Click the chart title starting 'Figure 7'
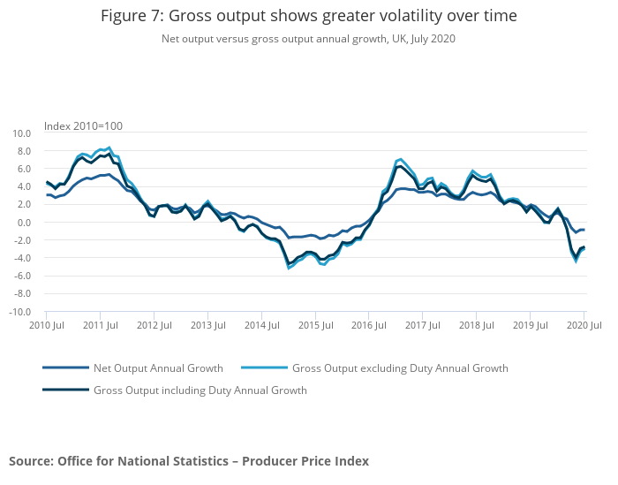(x=308, y=16)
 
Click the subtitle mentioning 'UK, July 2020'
(x=308, y=39)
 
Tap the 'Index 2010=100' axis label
(x=83, y=126)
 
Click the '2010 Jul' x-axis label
(x=46, y=326)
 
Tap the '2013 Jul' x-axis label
(x=207, y=326)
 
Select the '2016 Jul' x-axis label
(x=368, y=326)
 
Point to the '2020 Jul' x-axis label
(x=584, y=326)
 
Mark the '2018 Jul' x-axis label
(x=476, y=326)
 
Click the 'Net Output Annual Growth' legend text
(x=158, y=368)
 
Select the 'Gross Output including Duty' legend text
(x=200, y=390)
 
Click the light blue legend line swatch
(x=263, y=368)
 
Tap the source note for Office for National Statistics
(x=189, y=461)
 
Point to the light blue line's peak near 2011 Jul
(x=109, y=148)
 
